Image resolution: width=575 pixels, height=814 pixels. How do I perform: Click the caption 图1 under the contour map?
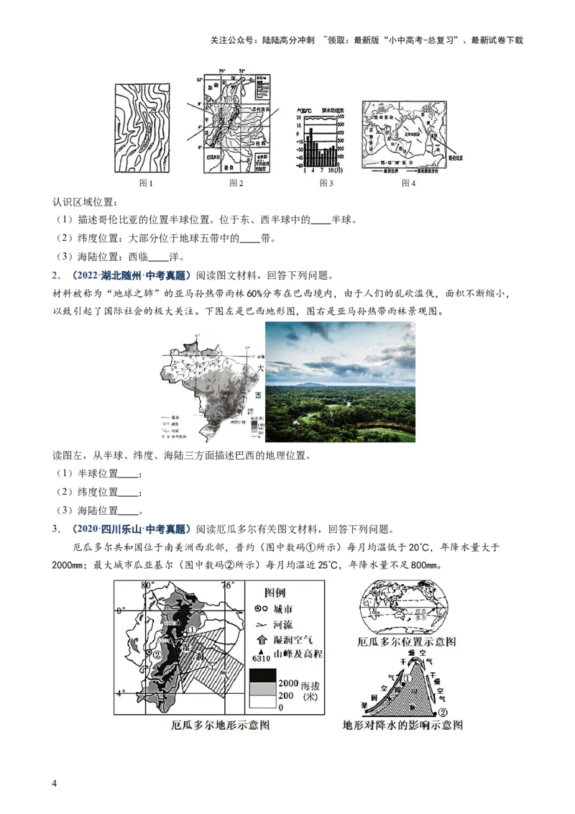(147, 183)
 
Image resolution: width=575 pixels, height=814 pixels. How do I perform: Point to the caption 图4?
(408, 183)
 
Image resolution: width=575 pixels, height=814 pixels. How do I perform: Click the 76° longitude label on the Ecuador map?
(228, 585)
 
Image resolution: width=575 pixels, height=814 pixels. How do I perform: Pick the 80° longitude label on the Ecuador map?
(148, 585)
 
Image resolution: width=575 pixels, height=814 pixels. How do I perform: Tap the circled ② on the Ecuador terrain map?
(157, 654)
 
